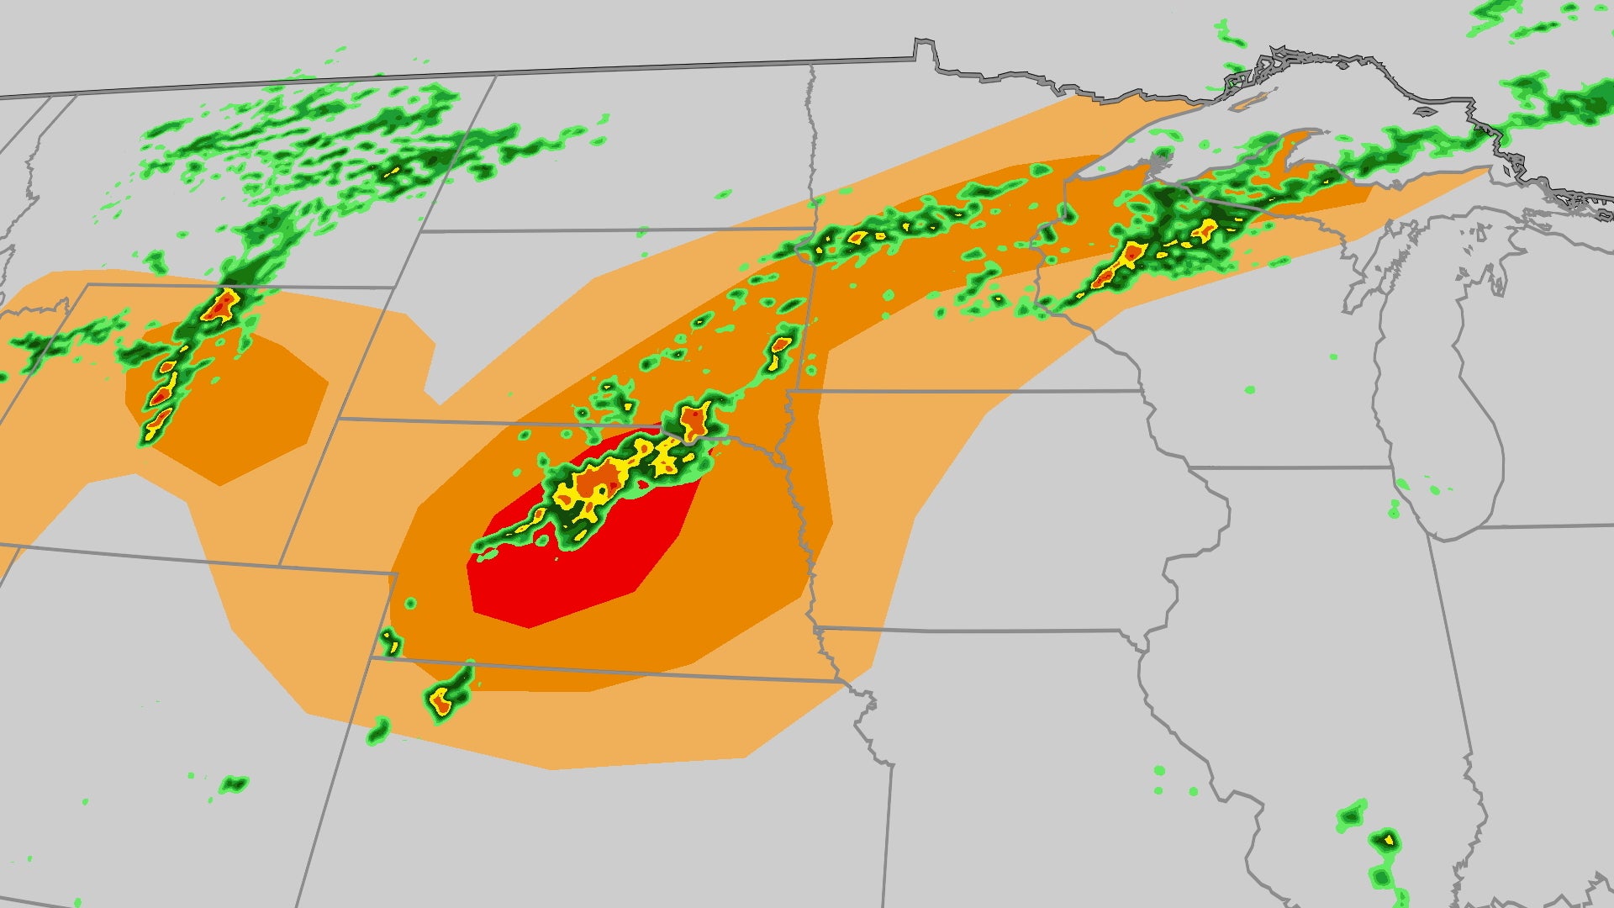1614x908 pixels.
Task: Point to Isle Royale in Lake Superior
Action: pos(1253,101)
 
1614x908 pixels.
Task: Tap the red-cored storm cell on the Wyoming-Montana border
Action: pos(220,304)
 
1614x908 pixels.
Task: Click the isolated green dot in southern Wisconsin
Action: pos(1249,390)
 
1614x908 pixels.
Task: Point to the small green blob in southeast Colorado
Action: pos(233,785)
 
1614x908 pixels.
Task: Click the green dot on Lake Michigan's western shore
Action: pos(1395,509)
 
